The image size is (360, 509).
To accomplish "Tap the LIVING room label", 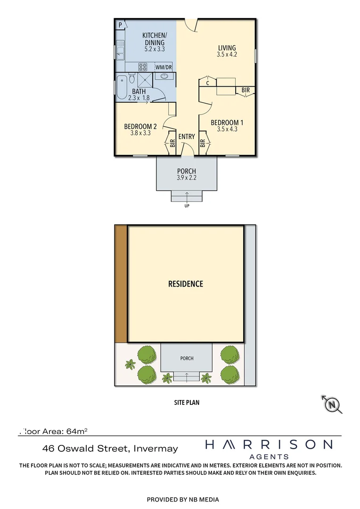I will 227,48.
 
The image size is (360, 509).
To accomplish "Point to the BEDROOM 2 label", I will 140,126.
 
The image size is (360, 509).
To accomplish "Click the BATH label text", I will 139,91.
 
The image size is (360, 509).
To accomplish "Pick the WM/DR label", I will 164,67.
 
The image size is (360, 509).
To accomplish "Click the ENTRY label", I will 187,137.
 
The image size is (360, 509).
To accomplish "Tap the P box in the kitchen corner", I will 121,25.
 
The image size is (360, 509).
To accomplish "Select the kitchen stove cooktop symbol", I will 143,67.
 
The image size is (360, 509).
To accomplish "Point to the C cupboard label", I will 208,83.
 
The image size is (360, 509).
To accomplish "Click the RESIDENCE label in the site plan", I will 186,284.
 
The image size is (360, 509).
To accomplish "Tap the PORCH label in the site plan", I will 187,358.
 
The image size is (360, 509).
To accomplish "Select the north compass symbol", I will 333,404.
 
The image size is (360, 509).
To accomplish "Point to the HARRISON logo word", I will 269,444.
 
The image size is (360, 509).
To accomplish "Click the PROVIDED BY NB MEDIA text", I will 183,499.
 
